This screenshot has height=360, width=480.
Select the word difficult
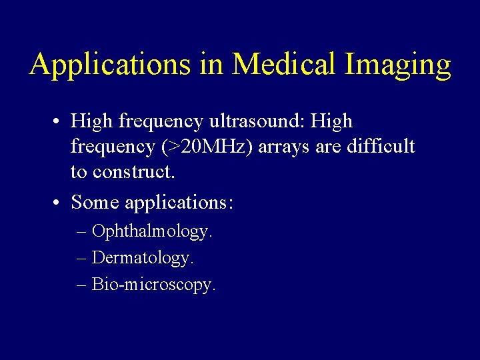[381, 147]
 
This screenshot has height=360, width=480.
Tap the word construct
[133, 172]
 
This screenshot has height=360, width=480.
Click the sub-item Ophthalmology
[152, 232]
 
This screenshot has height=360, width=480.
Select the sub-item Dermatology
[143, 257]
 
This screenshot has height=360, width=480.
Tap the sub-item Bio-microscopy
[154, 285]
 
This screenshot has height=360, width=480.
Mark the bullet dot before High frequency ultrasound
[59, 122]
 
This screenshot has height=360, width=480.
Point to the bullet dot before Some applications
[59, 201]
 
